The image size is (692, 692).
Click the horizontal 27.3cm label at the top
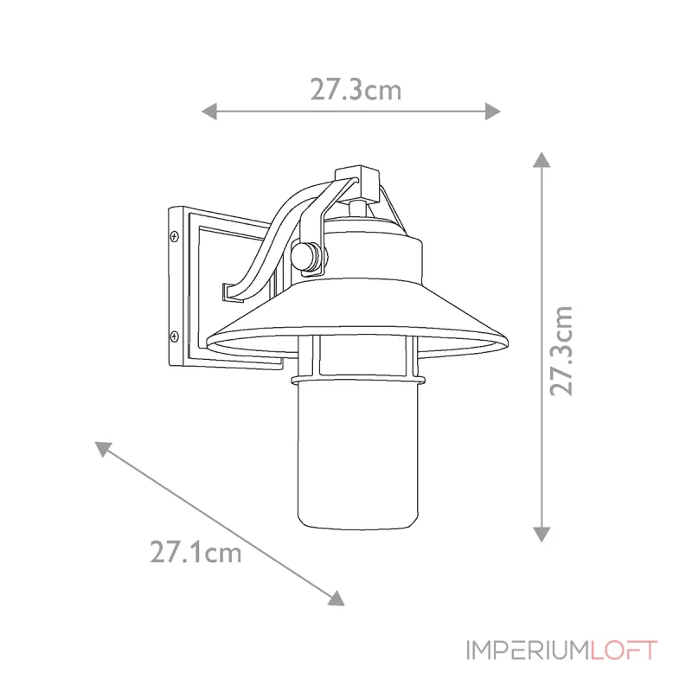pos(356,89)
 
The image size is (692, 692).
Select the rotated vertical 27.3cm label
pos(563,349)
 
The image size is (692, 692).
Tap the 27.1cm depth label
pos(195,551)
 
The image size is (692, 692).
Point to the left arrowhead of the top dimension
pos(208,111)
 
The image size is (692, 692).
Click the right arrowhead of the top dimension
pos(493,111)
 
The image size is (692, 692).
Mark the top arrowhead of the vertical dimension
pos(541,159)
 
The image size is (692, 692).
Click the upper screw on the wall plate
pos(175,235)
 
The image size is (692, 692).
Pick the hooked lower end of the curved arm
pos(230,292)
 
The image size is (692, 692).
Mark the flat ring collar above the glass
pos(356,379)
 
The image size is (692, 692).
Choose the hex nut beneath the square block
pos(356,208)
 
